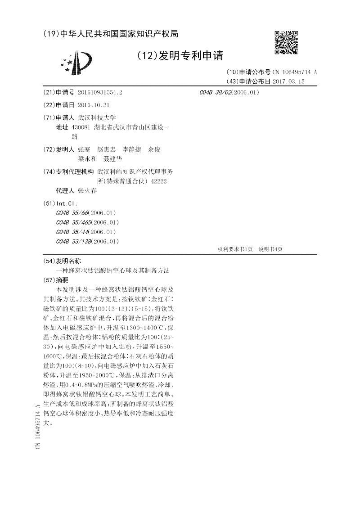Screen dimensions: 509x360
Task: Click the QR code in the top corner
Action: click(286, 42)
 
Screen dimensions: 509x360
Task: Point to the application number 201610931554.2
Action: click(100, 92)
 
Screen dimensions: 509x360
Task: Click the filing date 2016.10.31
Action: click(94, 105)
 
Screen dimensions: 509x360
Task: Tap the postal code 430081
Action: click(81, 127)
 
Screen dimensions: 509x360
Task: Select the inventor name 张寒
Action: click(84, 149)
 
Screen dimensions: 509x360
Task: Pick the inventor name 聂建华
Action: click(112, 159)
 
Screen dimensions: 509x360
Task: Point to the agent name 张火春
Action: click(87, 191)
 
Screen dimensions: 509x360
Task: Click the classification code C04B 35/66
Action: click(72, 212)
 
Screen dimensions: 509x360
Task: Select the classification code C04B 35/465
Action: click(74, 222)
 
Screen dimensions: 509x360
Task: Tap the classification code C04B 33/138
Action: click(74, 242)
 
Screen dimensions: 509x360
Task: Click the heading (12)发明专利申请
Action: click(180, 56)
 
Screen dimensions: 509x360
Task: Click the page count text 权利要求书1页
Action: click(235, 249)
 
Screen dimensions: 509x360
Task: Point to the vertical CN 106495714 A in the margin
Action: click(38, 426)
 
